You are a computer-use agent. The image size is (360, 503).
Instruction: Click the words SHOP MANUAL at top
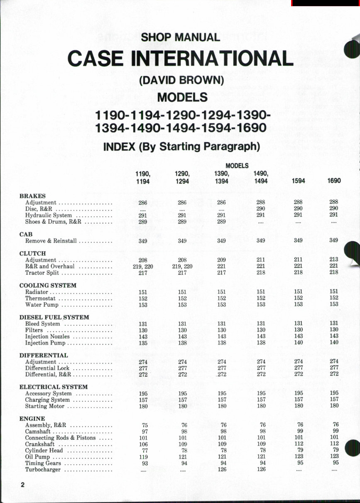[180, 37]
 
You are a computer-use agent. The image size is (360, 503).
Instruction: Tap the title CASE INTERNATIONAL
[180, 59]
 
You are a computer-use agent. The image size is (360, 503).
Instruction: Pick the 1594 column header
[298, 181]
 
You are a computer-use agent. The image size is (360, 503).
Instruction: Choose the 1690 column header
[334, 181]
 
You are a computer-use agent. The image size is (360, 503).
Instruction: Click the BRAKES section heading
[32, 196]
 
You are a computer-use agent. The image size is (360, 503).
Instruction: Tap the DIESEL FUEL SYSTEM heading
[54, 317]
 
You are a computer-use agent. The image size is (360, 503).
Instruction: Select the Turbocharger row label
[43, 470]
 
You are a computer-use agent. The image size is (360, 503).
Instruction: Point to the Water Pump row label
[42, 305]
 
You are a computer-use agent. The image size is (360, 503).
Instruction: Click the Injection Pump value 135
[143, 343]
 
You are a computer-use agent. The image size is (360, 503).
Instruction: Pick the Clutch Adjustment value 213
[334, 259]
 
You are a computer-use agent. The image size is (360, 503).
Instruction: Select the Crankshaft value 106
[143, 444]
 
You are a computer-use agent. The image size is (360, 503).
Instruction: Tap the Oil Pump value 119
[143, 457]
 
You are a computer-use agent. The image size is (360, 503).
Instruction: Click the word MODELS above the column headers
[237, 166]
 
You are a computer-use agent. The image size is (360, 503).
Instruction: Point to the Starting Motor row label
[44, 406]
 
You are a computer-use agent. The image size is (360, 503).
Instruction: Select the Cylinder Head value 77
[144, 451]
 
